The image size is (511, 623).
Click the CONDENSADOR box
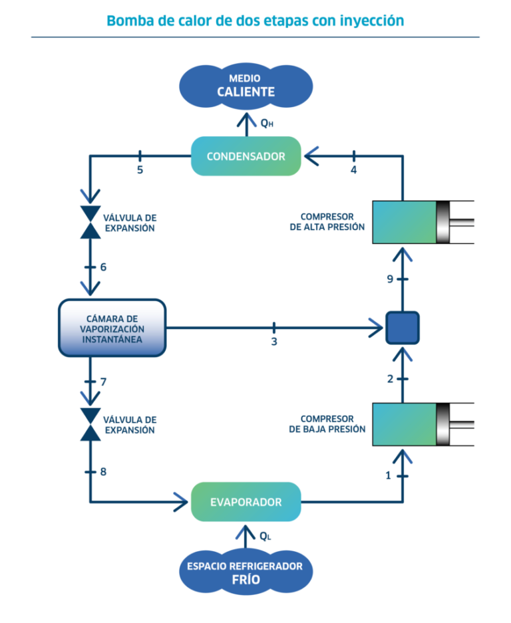[246, 156]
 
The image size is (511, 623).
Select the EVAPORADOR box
[246, 502]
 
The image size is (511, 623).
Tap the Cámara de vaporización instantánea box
[112, 328]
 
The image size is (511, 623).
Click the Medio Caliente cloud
[246, 86]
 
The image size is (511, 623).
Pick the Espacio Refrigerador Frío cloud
[246, 572]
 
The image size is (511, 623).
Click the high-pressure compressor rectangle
[405, 221]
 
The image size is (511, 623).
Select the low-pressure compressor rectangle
[405, 424]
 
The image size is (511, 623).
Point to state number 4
[353, 170]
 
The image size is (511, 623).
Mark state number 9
[391, 280]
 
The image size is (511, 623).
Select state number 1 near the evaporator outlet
[389, 475]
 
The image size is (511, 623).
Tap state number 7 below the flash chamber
[103, 382]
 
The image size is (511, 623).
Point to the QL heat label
[265, 536]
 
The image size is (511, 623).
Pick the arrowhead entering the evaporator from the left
[181, 502]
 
